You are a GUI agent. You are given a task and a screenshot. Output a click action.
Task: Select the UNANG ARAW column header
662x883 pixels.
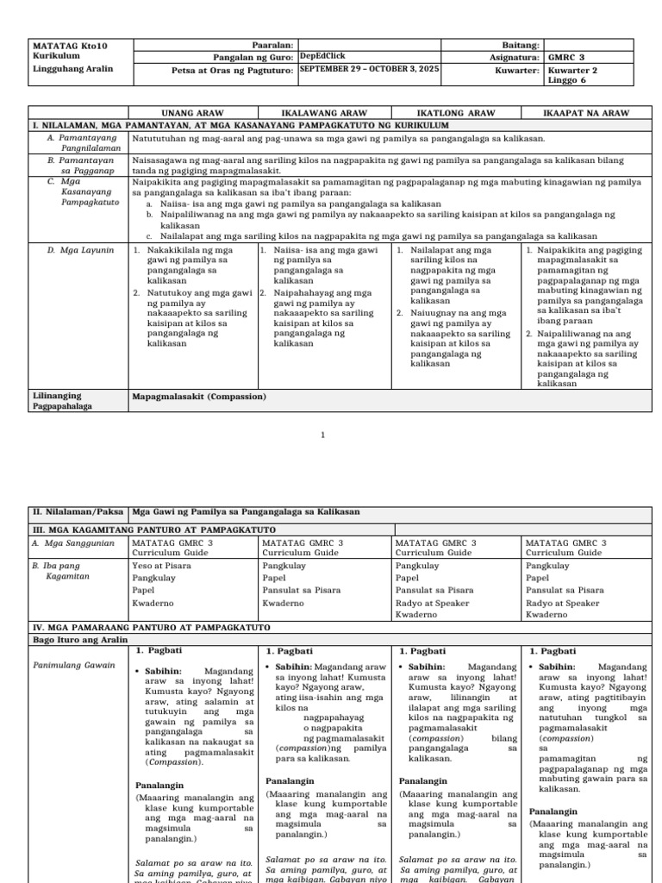[x=193, y=113]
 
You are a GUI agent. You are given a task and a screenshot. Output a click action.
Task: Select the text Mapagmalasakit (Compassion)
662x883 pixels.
[x=199, y=397]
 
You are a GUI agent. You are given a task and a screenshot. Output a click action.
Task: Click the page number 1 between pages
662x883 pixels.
[x=323, y=435]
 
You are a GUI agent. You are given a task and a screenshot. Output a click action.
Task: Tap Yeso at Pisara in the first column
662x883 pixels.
[x=162, y=567]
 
